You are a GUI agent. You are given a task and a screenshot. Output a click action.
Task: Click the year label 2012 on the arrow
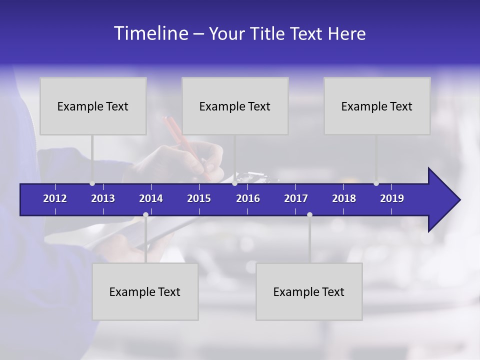click(x=55, y=198)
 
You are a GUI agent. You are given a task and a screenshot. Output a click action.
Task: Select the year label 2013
click(x=103, y=198)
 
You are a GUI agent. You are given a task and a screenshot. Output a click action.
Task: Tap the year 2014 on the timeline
click(x=151, y=198)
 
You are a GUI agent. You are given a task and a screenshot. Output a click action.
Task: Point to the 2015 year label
click(x=199, y=198)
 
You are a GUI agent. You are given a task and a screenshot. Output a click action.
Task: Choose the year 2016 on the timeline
click(x=248, y=198)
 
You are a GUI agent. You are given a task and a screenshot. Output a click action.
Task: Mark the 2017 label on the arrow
click(x=296, y=198)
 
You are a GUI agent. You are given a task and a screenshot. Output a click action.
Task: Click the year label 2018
click(x=344, y=198)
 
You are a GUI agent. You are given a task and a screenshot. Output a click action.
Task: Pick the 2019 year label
click(x=392, y=198)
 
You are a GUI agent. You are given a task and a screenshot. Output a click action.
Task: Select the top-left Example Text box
click(x=93, y=106)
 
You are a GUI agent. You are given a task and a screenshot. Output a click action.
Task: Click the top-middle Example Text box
click(x=235, y=106)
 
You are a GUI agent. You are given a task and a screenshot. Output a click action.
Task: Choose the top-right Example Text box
click(x=377, y=106)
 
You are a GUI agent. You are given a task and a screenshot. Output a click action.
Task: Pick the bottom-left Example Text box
click(x=145, y=291)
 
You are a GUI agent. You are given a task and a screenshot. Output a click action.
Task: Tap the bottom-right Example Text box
click(x=309, y=291)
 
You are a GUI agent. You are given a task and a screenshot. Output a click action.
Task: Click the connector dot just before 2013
click(x=92, y=183)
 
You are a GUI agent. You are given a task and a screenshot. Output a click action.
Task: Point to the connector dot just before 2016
click(x=235, y=183)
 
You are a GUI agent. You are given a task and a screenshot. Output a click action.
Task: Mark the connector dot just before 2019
click(x=376, y=183)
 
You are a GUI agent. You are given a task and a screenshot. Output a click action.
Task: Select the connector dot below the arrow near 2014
click(x=145, y=214)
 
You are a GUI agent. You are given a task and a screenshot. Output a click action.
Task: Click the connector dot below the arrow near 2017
click(x=309, y=214)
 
